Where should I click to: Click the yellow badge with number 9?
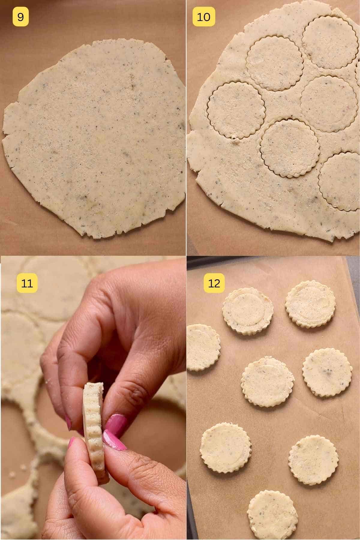coord(20,17)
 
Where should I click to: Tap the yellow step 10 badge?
coord(204,17)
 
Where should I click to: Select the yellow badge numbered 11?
coord(27,283)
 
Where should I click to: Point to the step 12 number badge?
coord(214,283)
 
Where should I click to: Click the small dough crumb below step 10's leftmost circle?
coord(233,138)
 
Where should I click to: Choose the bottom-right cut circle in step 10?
coord(340,181)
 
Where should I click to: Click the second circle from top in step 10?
coord(274,63)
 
